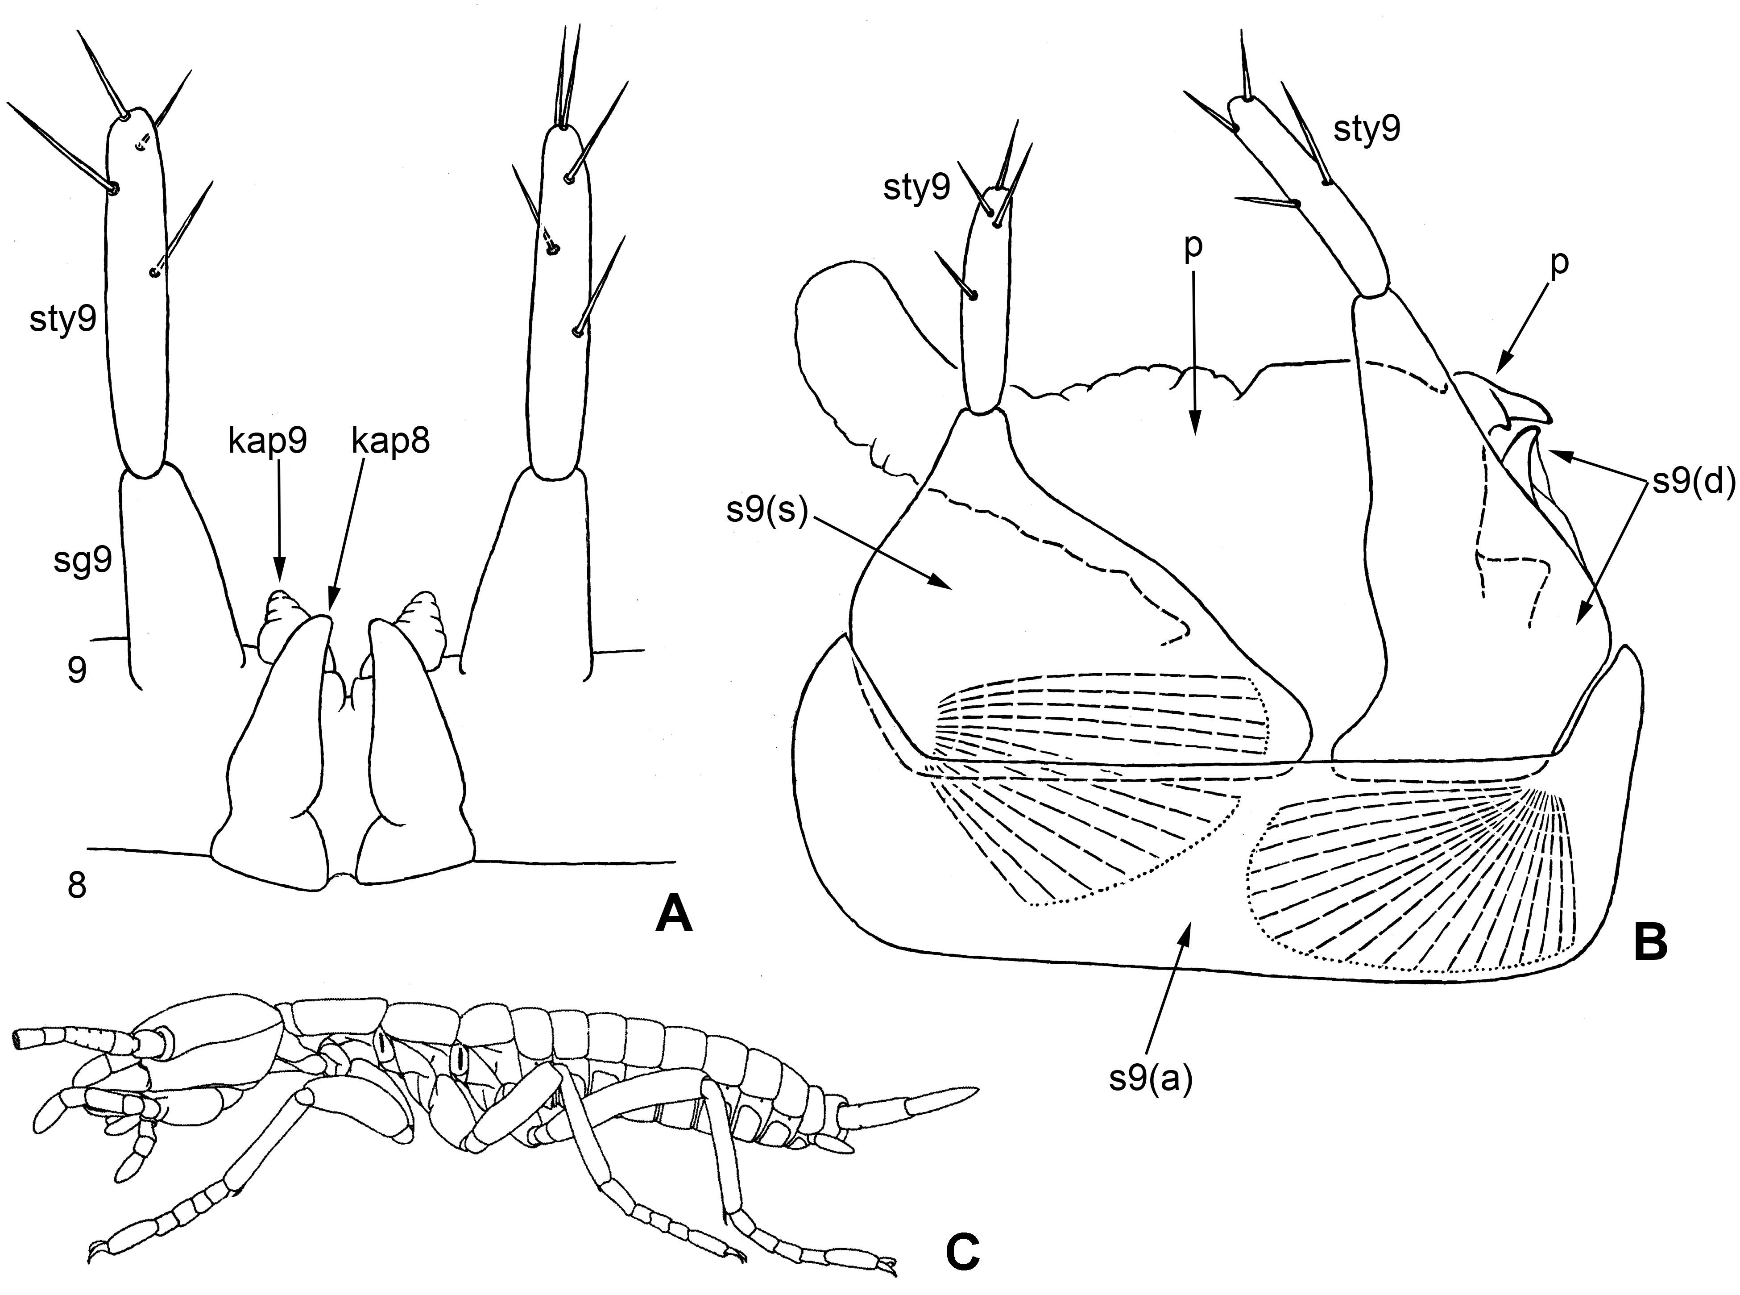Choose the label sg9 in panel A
click(x=83, y=561)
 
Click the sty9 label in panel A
click(x=62, y=321)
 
